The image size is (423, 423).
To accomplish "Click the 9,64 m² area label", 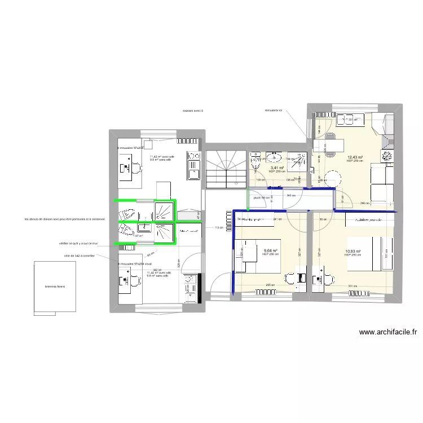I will coord(271,250).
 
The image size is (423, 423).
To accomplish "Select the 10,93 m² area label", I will coord(353,252).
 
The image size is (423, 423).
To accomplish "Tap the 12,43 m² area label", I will coord(355,158).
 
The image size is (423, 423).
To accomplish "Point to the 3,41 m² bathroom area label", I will coord(276,168).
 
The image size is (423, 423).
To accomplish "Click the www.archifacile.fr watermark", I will coord(388,333).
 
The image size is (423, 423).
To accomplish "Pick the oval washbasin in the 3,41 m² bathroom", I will coord(276,157).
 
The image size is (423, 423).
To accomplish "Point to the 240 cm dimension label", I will coord(364,204).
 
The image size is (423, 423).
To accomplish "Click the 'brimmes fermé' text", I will coord(55,287).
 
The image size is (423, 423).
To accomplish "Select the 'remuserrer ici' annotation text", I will coord(276,111).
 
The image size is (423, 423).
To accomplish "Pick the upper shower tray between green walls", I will coord(164,209).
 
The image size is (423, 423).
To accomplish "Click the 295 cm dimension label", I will coord(270,285).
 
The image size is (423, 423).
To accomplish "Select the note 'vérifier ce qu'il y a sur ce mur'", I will coord(78,244).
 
